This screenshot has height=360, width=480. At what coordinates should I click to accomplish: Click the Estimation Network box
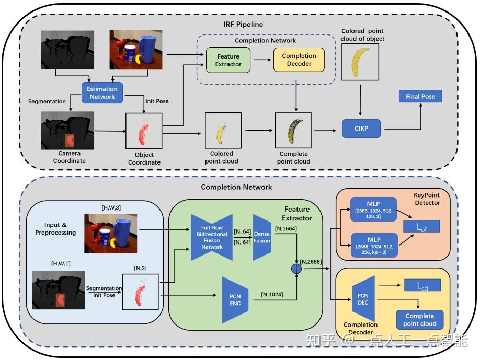tap(102, 92)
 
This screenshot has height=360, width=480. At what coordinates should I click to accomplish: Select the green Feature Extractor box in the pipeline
tap(228, 60)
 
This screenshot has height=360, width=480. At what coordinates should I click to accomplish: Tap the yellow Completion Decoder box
tap(299, 60)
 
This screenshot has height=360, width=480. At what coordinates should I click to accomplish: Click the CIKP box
tap(361, 129)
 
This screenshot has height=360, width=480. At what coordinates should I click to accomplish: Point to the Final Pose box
tap(420, 96)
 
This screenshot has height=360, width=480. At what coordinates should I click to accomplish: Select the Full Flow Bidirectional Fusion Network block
tap(212, 236)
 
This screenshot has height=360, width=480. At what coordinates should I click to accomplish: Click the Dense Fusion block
tap(262, 237)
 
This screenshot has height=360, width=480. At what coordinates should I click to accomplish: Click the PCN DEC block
tap(363, 298)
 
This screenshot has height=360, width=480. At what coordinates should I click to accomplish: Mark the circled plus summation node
tap(296, 269)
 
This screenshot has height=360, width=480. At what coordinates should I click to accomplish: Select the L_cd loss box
tap(422, 285)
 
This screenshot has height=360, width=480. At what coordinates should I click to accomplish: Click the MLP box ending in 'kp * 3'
tap(374, 245)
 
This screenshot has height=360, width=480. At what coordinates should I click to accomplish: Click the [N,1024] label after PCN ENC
tap(272, 294)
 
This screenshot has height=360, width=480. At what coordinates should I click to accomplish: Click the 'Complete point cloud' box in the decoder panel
tap(420, 319)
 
